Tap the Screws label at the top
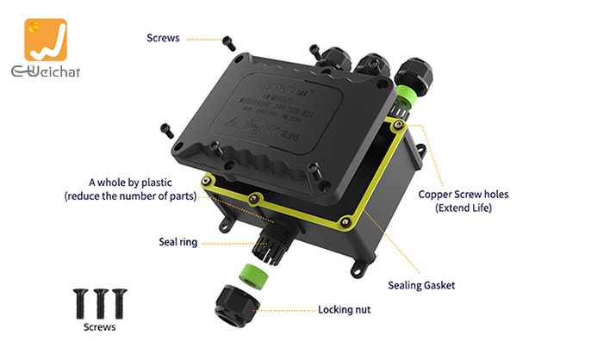(x=163, y=38)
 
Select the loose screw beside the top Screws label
(x=228, y=40)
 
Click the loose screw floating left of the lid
(x=166, y=130)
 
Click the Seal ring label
(x=177, y=242)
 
